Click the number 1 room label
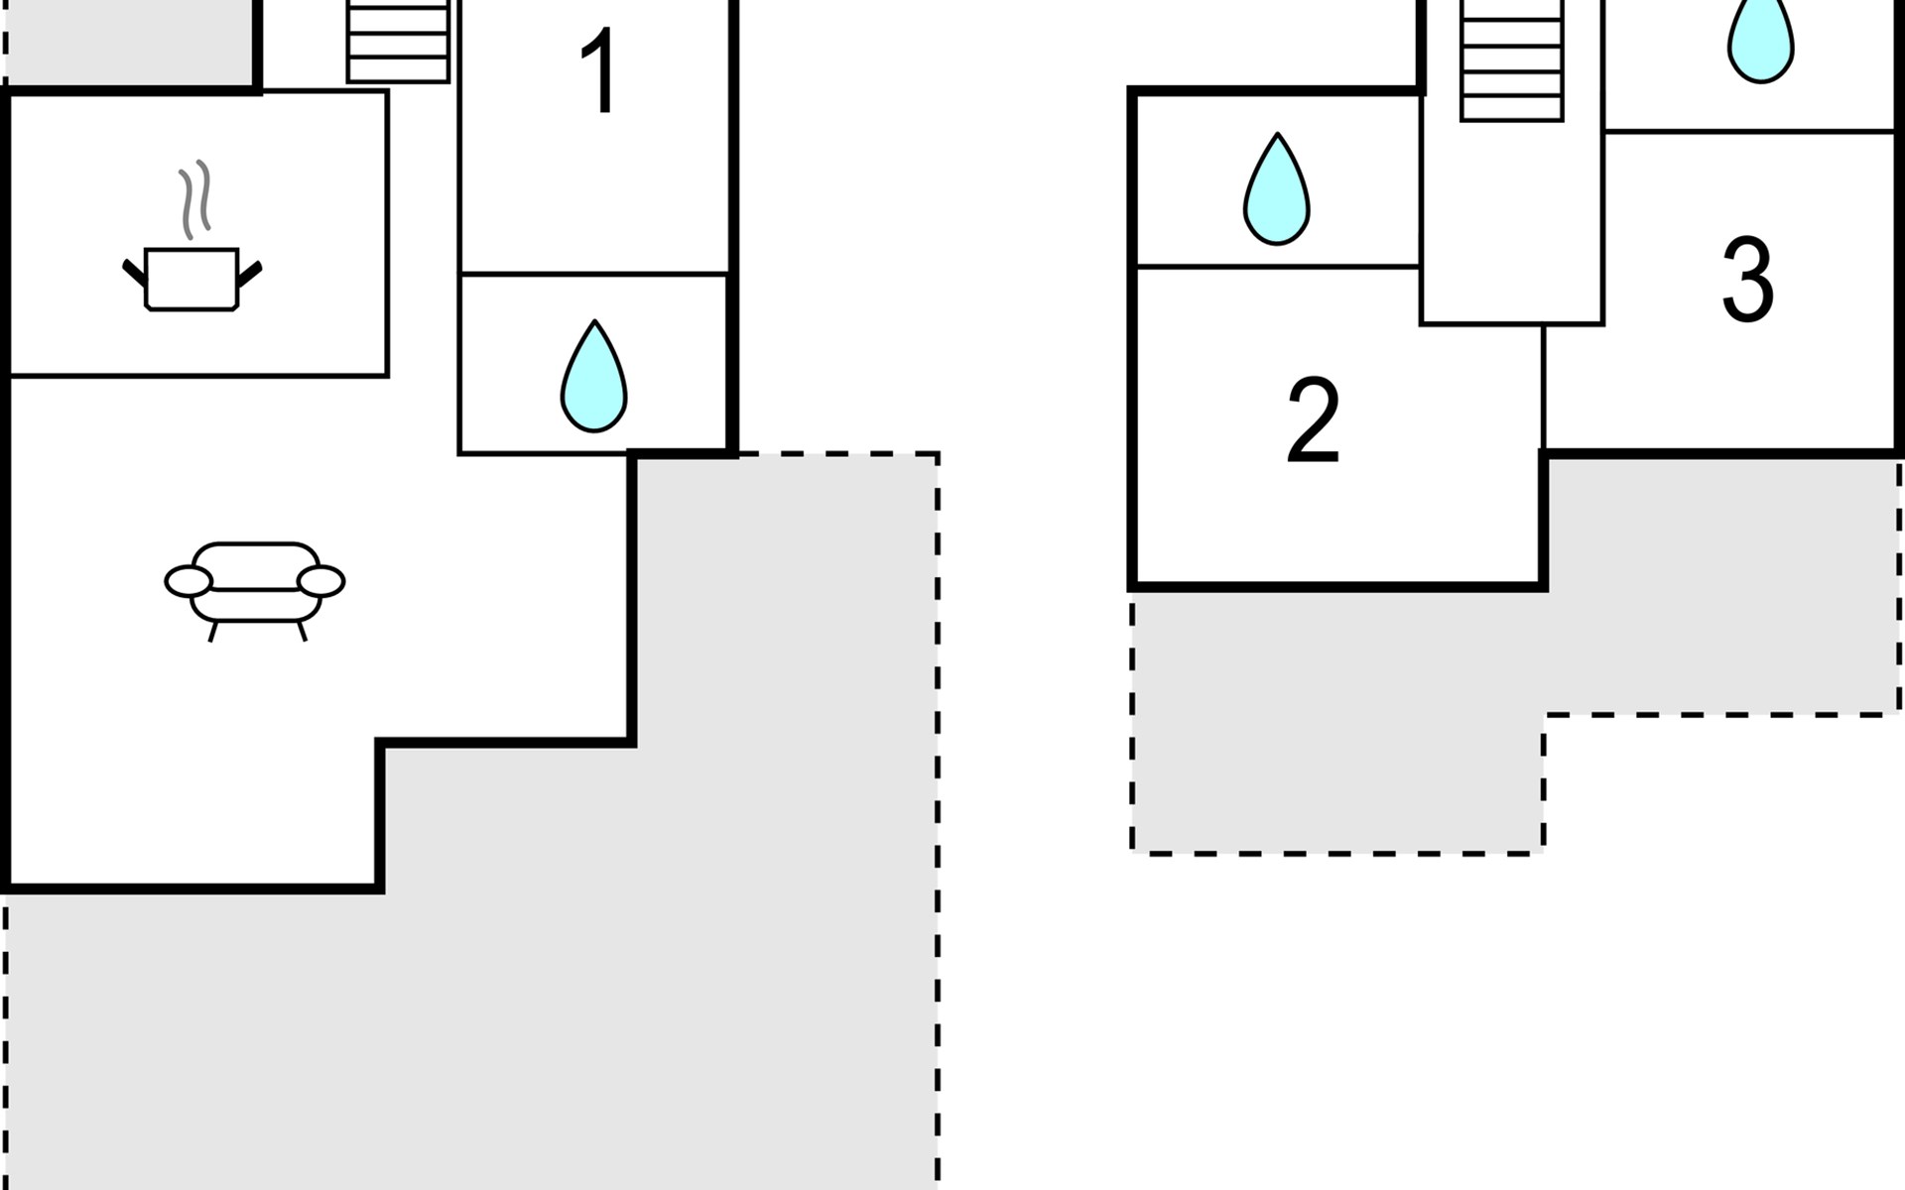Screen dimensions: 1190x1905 600,71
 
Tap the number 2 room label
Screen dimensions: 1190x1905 1312,420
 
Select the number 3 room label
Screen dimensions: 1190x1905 1746,281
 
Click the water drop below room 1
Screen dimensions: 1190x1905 593,378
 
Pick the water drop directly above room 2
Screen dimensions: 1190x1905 1276,191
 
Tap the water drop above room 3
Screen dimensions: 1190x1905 1760,40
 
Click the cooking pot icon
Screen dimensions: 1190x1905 191,279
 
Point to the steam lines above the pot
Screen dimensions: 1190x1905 194,198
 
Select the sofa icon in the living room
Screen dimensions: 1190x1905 255,583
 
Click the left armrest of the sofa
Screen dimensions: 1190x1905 189,581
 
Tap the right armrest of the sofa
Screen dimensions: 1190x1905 320,581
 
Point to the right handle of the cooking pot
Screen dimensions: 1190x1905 249,272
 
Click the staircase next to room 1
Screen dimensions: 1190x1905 398,42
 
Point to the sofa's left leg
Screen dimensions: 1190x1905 212,632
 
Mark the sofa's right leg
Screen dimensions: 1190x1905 302,631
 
